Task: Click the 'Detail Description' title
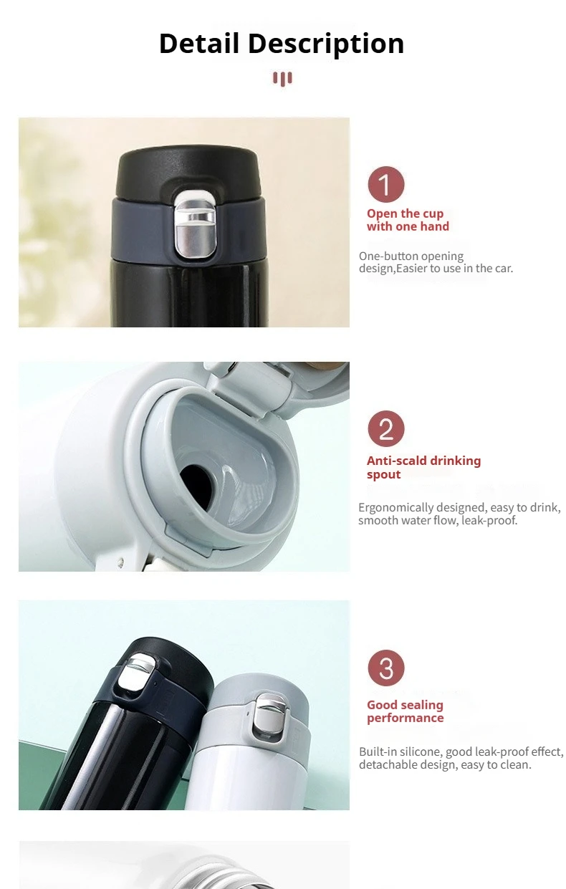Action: click(x=282, y=44)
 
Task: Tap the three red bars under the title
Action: click(x=282, y=78)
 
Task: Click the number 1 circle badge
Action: click(x=386, y=185)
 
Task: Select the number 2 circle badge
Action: click(x=386, y=429)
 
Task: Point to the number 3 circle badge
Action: click(x=386, y=668)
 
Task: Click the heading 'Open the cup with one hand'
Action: click(x=408, y=220)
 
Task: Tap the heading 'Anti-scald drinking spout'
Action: click(x=423, y=467)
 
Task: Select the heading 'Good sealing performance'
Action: click(x=405, y=711)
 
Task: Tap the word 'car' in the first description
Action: click(x=502, y=269)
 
